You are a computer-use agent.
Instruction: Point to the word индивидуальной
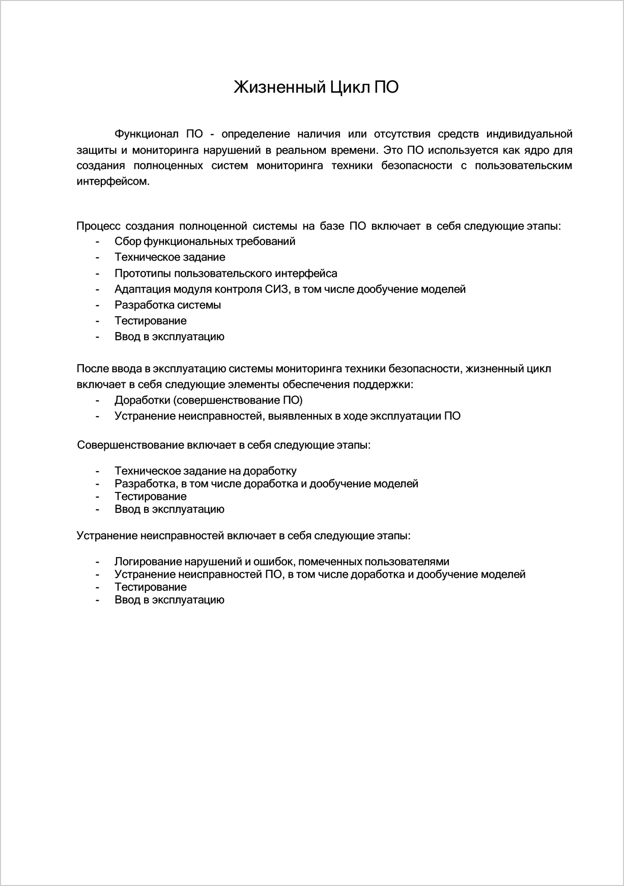tap(529, 134)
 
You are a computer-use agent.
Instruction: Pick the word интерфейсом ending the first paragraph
tap(113, 181)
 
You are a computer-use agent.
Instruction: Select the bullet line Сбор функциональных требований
tap(205, 241)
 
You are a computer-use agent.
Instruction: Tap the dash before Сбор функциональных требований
tap(97, 241)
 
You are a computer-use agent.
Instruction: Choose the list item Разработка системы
tap(167, 305)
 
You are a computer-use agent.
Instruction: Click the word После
tap(91, 369)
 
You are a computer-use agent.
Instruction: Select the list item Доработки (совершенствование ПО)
tap(208, 400)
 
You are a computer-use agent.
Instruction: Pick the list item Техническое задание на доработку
tap(205, 471)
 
